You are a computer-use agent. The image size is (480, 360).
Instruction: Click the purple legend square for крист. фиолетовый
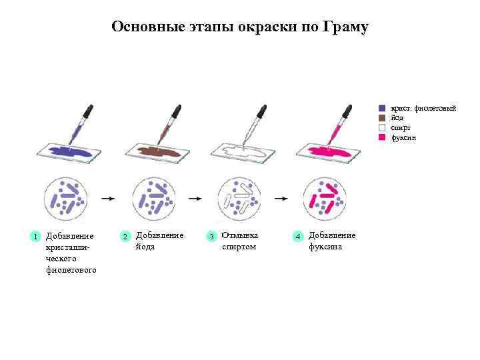click(382, 108)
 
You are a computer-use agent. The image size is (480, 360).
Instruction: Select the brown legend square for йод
click(382, 118)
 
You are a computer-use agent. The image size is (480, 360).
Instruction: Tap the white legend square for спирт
click(382, 127)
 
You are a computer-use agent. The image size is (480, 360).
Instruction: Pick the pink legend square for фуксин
click(382, 137)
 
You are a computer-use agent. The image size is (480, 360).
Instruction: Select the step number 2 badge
click(125, 237)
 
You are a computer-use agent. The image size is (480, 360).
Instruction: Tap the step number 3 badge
click(211, 237)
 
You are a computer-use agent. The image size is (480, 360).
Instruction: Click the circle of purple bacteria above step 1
click(66, 198)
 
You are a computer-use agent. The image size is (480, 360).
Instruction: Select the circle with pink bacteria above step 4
click(325, 198)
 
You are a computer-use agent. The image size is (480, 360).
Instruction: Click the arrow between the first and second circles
click(106, 198)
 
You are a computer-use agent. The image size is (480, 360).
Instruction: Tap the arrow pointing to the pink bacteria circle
click(282, 198)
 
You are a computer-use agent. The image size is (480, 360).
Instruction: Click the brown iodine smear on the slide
click(159, 153)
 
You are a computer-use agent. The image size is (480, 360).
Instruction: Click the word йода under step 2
click(145, 247)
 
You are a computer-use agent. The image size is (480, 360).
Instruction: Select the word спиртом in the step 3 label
click(239, 247)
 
